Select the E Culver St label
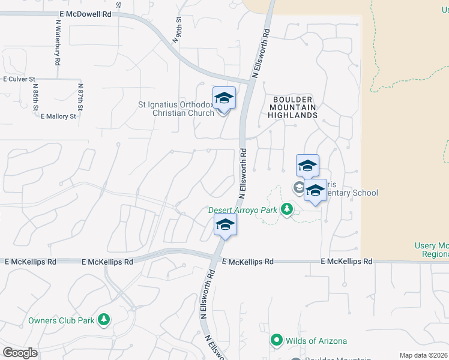(20, 79)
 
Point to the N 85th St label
(36, 97)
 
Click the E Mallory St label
(58, 116)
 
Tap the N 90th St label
(176, 31)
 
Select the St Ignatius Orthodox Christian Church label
(176, 109)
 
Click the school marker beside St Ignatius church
(224, 98)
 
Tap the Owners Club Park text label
(61, 320)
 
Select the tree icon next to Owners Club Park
(104, 320)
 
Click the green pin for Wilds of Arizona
(277, 340)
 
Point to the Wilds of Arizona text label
(317, 341)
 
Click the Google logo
(20, 353)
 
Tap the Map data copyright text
(424, 355)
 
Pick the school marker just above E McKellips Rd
(225, 225)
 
